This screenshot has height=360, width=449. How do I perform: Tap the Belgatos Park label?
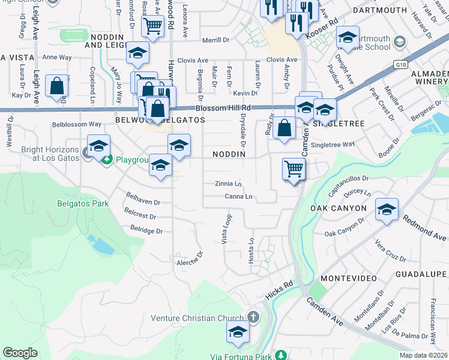coord(83,203)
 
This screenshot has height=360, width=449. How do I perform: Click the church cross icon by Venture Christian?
coord(253,316)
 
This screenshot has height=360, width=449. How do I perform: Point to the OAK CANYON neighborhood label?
coord(338,208)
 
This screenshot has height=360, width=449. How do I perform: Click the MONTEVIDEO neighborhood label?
coord(348,278)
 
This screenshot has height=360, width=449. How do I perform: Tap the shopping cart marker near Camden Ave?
coord(294,169)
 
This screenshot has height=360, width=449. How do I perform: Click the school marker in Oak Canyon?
coord(387,209)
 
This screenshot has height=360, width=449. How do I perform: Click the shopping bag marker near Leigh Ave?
coord(56,86)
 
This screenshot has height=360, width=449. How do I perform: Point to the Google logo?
coord(20,353)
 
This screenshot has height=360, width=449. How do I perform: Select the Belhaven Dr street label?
coord(143,199)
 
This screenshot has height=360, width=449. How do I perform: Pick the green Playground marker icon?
coord(106,160)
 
